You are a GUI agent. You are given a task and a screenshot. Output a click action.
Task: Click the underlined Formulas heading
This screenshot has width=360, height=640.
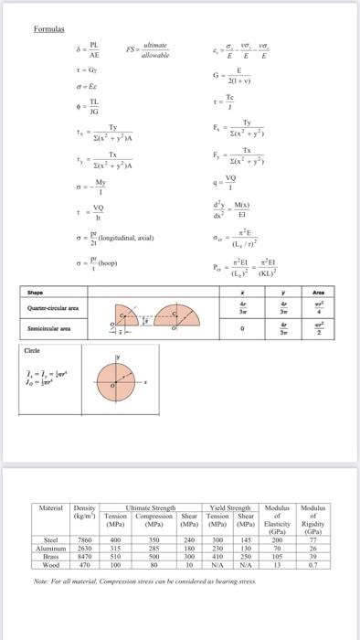47,28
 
